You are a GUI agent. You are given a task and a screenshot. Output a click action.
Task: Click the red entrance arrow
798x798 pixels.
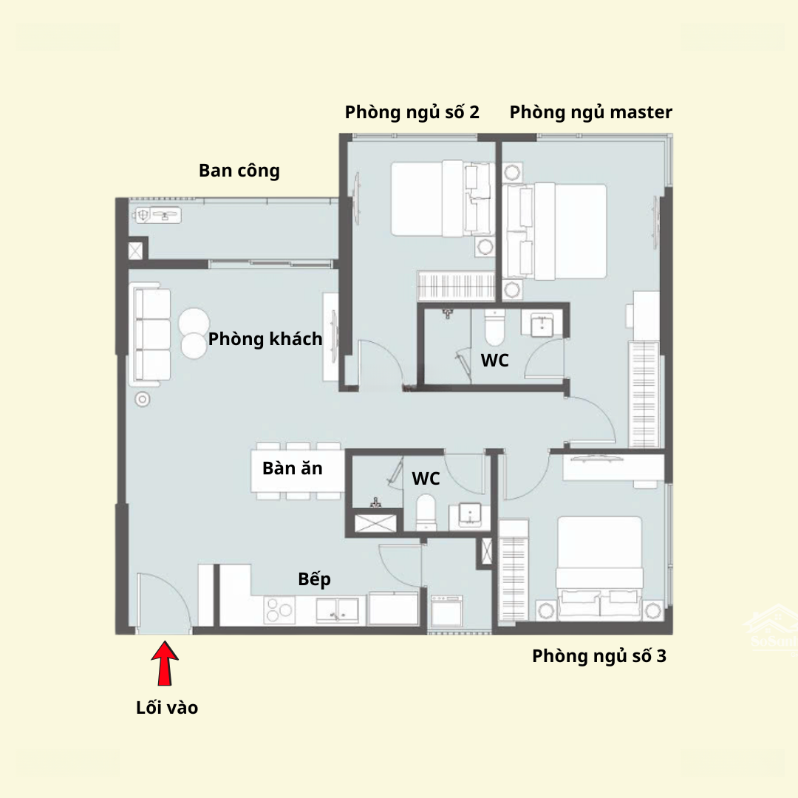click(164, 663)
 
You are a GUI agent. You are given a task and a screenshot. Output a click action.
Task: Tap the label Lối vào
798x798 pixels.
click(167, 707)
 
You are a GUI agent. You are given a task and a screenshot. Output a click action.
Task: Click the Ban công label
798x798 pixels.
click(239, 171)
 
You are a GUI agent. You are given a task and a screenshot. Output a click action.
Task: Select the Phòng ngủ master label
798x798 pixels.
click(591, 112)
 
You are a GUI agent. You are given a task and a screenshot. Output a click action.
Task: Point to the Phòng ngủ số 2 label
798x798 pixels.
click(412, 112)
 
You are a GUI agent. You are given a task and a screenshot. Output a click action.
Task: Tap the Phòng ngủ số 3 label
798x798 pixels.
click(599, 656)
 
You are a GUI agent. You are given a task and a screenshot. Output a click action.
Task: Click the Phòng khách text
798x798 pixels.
click(265, 339)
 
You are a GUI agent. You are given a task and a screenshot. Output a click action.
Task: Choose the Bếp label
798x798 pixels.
click(315, 579)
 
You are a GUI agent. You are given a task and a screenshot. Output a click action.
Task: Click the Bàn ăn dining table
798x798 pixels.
click(298, 471)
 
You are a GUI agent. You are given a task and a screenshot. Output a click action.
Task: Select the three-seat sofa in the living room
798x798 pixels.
click(152, 335)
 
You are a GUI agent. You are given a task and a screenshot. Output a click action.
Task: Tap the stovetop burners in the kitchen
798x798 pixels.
click(279, 610)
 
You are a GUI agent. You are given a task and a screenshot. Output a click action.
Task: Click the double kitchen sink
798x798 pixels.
click(337, 610)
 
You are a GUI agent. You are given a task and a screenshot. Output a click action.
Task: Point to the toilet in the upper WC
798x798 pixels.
click(494, 328)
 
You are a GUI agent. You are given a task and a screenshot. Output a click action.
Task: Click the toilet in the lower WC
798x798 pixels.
click(426, 512)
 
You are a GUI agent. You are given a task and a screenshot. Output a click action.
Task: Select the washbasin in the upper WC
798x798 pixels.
click(542, 325)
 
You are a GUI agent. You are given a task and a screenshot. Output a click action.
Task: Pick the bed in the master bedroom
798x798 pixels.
click(555, 231)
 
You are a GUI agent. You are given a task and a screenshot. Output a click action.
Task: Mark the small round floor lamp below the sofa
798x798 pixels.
click(143, 400)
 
